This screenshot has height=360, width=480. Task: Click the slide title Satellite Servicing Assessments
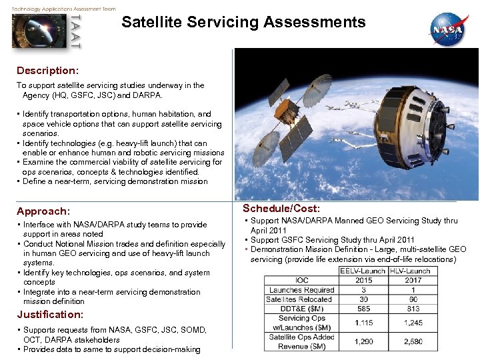click(x=243, y=22)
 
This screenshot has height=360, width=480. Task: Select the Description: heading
click(x=47, y=70)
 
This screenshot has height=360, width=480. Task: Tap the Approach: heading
click(x=43, y=211)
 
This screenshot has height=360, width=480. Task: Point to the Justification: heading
click(x=50, y=314)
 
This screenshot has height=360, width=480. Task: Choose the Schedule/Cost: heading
click(x=281, y=209)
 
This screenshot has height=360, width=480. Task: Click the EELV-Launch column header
click(x=363, y=271)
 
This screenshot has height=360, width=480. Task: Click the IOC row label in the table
click(x=301, y=280)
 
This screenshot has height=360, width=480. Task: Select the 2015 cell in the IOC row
click(x=363, y=280)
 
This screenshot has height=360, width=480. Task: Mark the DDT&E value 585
click(x=363, y=309)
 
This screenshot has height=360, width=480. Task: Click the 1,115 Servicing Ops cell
click(x=363, y=323)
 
